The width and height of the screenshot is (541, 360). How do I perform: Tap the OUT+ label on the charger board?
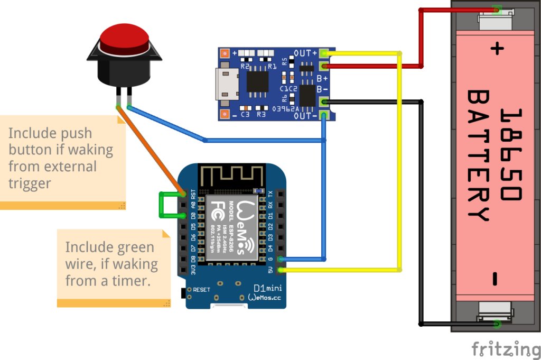306,53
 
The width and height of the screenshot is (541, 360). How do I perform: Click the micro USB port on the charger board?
225,84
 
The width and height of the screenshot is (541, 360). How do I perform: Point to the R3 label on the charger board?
261,114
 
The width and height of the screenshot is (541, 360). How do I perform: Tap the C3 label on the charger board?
245,114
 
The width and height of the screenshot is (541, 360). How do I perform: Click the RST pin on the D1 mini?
183,193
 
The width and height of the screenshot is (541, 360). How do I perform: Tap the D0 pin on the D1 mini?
183,216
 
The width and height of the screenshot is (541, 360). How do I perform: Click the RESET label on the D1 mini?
201,290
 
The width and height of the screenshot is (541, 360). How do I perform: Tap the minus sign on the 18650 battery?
496,278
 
